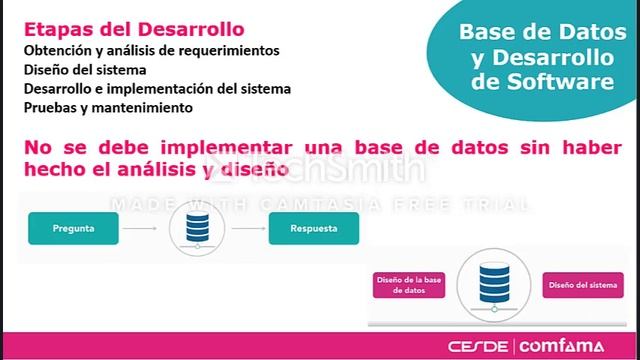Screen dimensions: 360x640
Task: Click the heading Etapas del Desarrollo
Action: coord(132,28)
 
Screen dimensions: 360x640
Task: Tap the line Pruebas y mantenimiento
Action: coord(108,107)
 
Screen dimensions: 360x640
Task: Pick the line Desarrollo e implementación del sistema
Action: coord(157,88)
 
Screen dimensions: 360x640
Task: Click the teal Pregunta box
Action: coord(74,229)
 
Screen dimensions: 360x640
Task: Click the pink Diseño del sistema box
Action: coord(579,284)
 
